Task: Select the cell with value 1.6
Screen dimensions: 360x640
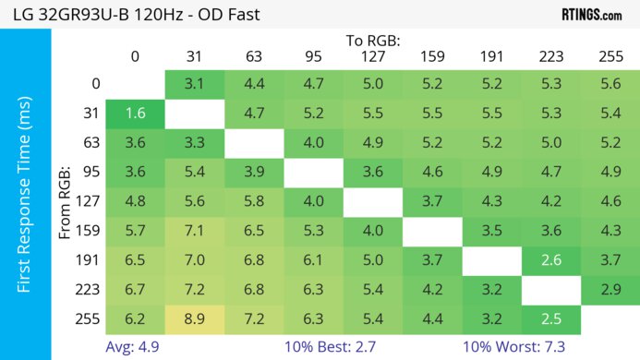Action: (x=135, y=114)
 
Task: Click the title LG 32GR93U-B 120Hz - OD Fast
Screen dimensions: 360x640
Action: (x=142, y=14)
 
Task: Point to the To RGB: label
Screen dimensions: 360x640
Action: (x=373, y=41)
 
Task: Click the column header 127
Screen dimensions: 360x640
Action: (x=372, y=56)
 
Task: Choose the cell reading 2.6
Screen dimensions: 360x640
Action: (x=550, y=260)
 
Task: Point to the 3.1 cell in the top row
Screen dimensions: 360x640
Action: (x=194, y=84)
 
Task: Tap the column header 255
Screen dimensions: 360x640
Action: (x=610, y=56)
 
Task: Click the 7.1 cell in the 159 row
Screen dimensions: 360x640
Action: (x=194, y=231)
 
